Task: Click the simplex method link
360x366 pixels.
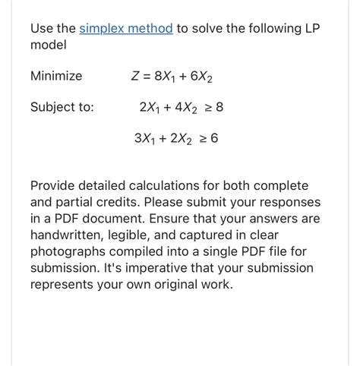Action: point(126,29)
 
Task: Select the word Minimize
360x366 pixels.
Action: point(56,76)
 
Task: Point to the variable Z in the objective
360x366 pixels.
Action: point(137,76)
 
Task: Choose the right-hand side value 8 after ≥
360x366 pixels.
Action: point(219,107)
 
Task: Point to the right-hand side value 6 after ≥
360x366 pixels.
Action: point(214,138)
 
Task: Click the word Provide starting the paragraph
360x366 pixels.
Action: point(54,185)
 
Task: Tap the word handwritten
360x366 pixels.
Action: point(69,235)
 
